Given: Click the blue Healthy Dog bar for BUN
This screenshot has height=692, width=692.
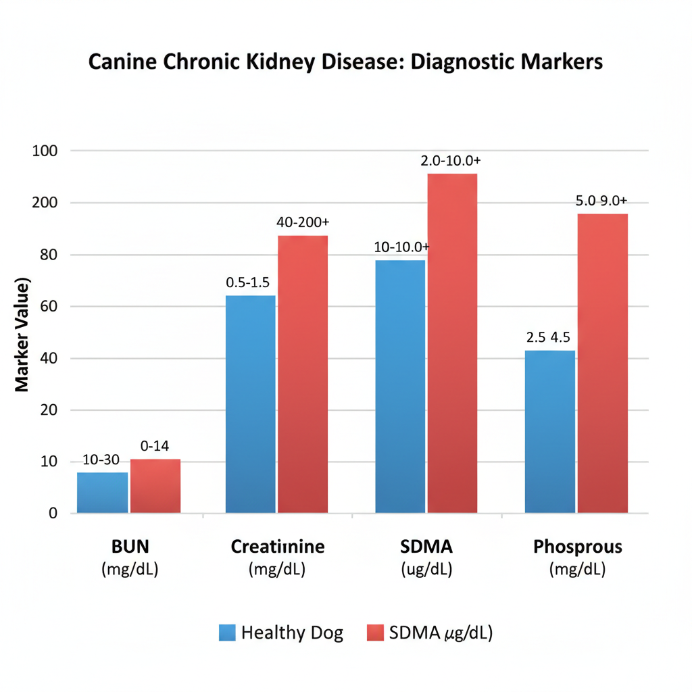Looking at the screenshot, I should coord(102,493).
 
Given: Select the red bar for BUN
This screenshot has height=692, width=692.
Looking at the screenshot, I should coord(155,486).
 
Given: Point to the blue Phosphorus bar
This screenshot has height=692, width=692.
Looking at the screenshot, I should coord(550,432).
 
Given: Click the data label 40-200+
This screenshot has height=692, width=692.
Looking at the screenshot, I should coord(303,222).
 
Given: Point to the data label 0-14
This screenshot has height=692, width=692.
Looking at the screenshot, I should coord(155,446).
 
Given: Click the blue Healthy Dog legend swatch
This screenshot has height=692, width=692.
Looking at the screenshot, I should coord(228,633).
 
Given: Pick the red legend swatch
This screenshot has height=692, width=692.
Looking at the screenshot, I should coord(375,633).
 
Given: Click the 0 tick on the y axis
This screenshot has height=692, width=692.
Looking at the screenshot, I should coord(52,514).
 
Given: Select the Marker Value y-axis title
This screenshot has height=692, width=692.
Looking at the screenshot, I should coord(22,335).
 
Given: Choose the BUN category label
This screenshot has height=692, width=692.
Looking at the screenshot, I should coord(129,546).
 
